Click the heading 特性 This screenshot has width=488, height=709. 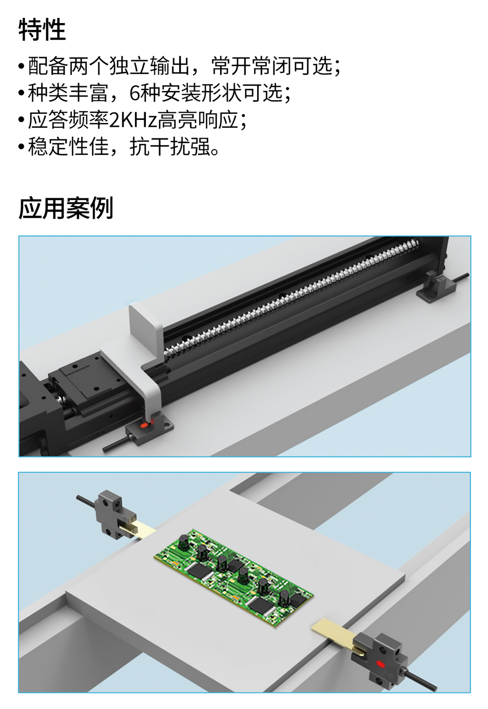(x=42, y=30)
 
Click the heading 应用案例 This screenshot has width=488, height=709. (x=66, y=208)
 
